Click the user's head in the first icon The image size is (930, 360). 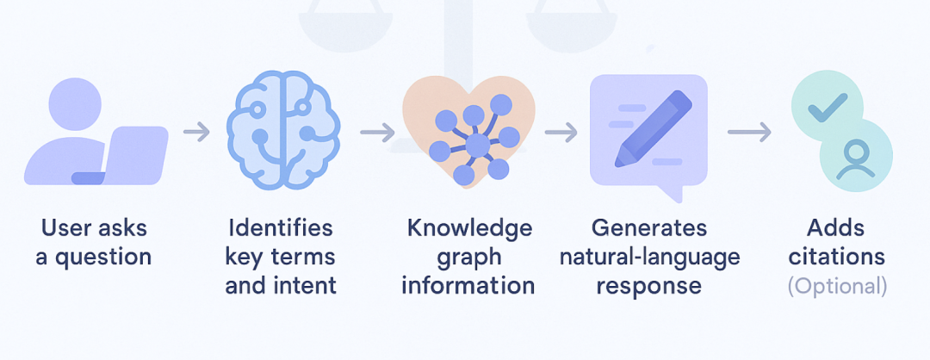click(75, 104)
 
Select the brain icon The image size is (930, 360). click(282, 130)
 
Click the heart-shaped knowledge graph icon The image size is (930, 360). click(468, 129)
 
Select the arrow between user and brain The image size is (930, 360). click(196, 132)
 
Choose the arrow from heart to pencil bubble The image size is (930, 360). click(561, 132)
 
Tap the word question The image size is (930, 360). click(107, 257)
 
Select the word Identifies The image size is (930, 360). click(280, 228)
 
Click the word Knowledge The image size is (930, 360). click(469, 228)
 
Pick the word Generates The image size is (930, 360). click(649, 228)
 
